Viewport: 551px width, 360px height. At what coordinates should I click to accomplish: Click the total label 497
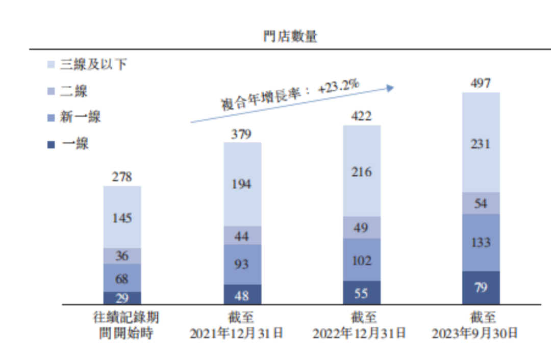point(481,83)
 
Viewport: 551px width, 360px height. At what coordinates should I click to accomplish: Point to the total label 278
point(122,177)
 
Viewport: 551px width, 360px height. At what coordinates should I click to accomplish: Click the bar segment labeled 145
point(122,217)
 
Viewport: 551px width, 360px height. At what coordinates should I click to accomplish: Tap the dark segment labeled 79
point(481,288)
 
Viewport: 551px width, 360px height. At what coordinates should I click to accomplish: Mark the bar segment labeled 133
point(481,242)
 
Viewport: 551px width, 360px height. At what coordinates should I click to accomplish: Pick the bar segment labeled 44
point(242,235)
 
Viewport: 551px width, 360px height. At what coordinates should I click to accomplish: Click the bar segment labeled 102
point(361,260)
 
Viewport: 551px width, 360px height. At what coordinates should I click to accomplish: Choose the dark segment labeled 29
point(122,298)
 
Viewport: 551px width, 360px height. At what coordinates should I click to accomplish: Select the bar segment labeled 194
point(242,184)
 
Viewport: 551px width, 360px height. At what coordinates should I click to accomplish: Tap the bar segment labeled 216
point(361,171)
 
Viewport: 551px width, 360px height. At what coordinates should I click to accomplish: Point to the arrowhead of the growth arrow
point(391,88)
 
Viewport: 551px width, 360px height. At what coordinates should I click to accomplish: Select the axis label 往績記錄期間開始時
point(126,326)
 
